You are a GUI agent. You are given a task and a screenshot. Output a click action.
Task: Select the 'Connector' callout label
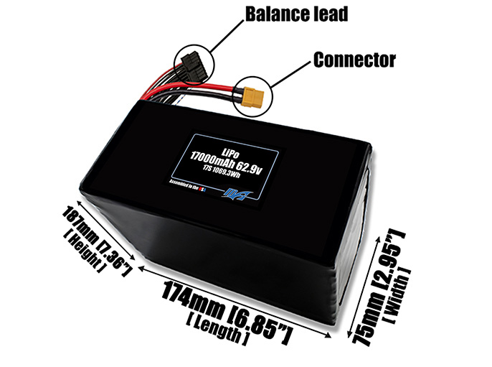354,60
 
